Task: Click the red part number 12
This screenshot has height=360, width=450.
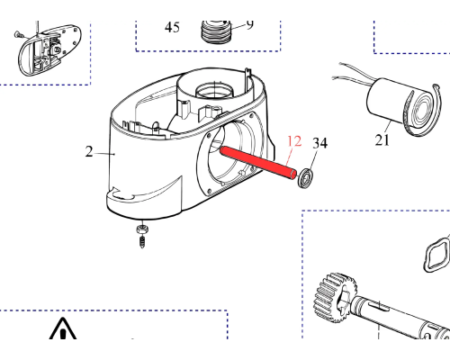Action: tap(294, 141)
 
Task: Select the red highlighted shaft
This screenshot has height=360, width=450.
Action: tap(258, 163)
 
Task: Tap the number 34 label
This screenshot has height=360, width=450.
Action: tap(319, 143)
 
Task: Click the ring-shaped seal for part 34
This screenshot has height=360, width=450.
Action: tap(306, 178)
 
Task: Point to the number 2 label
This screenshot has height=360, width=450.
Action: tap(89, 151)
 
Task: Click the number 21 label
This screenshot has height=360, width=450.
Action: tap(382, 140)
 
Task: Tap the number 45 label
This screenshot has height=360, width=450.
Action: tap(172, 27)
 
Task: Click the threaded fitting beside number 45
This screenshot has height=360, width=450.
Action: tap(215, 31)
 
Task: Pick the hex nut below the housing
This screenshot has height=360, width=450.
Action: tap(141, 229)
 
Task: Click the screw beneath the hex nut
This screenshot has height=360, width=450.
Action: tap(142, 241)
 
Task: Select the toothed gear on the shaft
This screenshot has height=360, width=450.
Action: tap(336, 297)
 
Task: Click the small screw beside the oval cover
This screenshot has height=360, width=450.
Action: tap(19, 35)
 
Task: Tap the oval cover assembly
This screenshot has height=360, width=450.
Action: tap(49, 51)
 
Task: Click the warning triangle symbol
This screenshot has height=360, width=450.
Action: tap(63, 328)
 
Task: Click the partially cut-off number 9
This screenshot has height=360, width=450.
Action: tap(249, 24)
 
